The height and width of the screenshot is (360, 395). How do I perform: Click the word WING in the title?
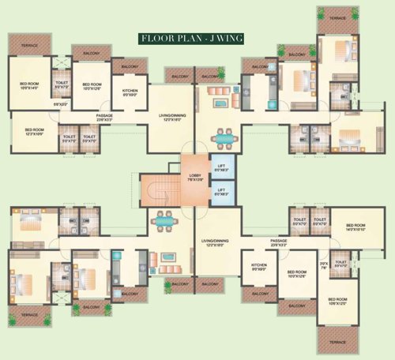228,37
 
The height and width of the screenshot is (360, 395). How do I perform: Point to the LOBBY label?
196,174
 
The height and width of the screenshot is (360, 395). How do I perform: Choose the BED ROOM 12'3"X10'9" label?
34,131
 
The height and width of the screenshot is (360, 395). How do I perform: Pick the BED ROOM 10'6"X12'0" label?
337,302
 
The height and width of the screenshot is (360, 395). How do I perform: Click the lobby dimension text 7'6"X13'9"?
196,180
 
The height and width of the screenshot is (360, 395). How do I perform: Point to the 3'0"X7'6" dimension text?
322,266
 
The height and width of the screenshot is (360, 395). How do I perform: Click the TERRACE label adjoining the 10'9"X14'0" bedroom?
28,46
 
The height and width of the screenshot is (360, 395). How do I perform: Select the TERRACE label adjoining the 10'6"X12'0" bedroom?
337,343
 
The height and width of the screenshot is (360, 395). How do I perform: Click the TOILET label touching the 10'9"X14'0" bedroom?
61,83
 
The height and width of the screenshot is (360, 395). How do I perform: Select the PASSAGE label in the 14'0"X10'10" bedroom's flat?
277,241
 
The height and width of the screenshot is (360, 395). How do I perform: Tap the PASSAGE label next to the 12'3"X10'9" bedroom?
104,116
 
